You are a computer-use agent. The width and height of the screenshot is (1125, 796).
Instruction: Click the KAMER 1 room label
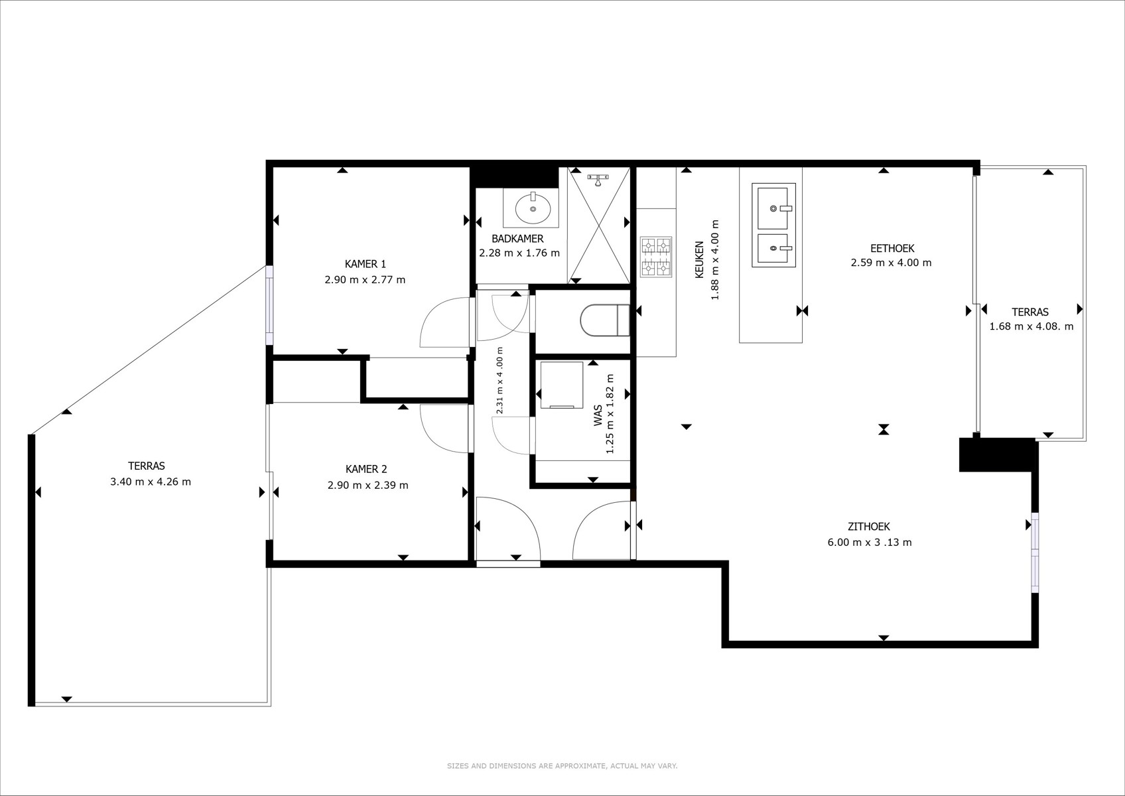[x=365, y=263]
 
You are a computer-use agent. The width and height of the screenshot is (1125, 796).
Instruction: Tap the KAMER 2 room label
[x=366, y=469]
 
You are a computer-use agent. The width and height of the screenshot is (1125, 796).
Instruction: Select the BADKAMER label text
[x=517, y=239]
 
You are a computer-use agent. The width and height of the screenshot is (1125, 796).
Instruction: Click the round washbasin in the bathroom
[x=533, y=208]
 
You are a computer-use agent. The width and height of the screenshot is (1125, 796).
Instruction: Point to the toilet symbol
[x=605, y=320]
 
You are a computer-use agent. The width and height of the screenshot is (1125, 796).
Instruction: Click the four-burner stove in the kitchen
[x=657, y=257]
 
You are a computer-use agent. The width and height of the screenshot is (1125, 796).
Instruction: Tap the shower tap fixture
[x=598, y=179]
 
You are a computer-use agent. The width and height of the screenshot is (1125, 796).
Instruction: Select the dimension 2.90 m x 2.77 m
[x=365, y=280]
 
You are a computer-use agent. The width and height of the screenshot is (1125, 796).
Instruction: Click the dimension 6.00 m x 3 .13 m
[x=870, y=543]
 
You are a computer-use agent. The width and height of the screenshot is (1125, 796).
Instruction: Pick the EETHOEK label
[x=892, y=248]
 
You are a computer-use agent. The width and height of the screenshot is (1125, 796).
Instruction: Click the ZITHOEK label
[x=869, y=526]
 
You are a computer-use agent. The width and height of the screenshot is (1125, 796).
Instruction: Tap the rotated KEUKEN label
[x=699, y=259]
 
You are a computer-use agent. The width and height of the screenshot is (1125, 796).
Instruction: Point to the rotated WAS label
[x=598, y=416]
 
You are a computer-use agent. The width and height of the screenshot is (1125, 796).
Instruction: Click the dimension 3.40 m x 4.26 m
[x=151, y=482]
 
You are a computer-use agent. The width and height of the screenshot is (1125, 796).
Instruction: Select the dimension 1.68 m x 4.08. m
[x=1031, y=326]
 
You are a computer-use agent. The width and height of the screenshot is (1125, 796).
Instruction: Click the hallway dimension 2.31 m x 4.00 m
[x=499, y=381]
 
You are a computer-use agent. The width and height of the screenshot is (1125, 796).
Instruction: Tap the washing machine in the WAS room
[x=562, y=385]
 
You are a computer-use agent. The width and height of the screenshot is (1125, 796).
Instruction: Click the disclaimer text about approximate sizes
[x=562, y=766]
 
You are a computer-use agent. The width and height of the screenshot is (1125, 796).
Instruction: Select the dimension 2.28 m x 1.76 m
[x=519, y=253]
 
